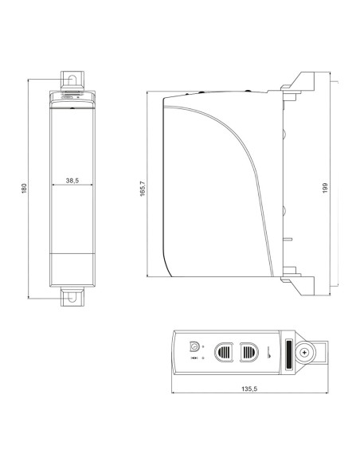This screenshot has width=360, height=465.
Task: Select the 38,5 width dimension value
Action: (72, 181)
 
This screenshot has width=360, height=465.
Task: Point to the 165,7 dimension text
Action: (143, 187)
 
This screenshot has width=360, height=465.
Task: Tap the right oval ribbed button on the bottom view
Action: (248, 351)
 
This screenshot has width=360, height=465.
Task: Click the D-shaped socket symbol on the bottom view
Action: (193, 346)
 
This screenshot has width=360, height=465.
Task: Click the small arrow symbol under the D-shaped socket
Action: (193, 359)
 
